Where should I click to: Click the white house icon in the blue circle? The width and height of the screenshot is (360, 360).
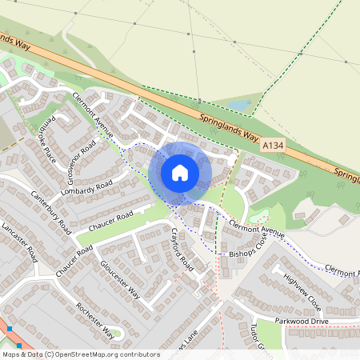(x=180, y=172)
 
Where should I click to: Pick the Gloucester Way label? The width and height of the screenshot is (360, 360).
(x=120, y=279)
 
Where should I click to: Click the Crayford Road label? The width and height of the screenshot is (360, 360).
(x=182, y=248)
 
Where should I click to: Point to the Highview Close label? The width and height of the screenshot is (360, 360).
(x=302, y=294)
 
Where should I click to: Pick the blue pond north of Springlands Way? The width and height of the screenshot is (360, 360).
(x=238, y=105)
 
